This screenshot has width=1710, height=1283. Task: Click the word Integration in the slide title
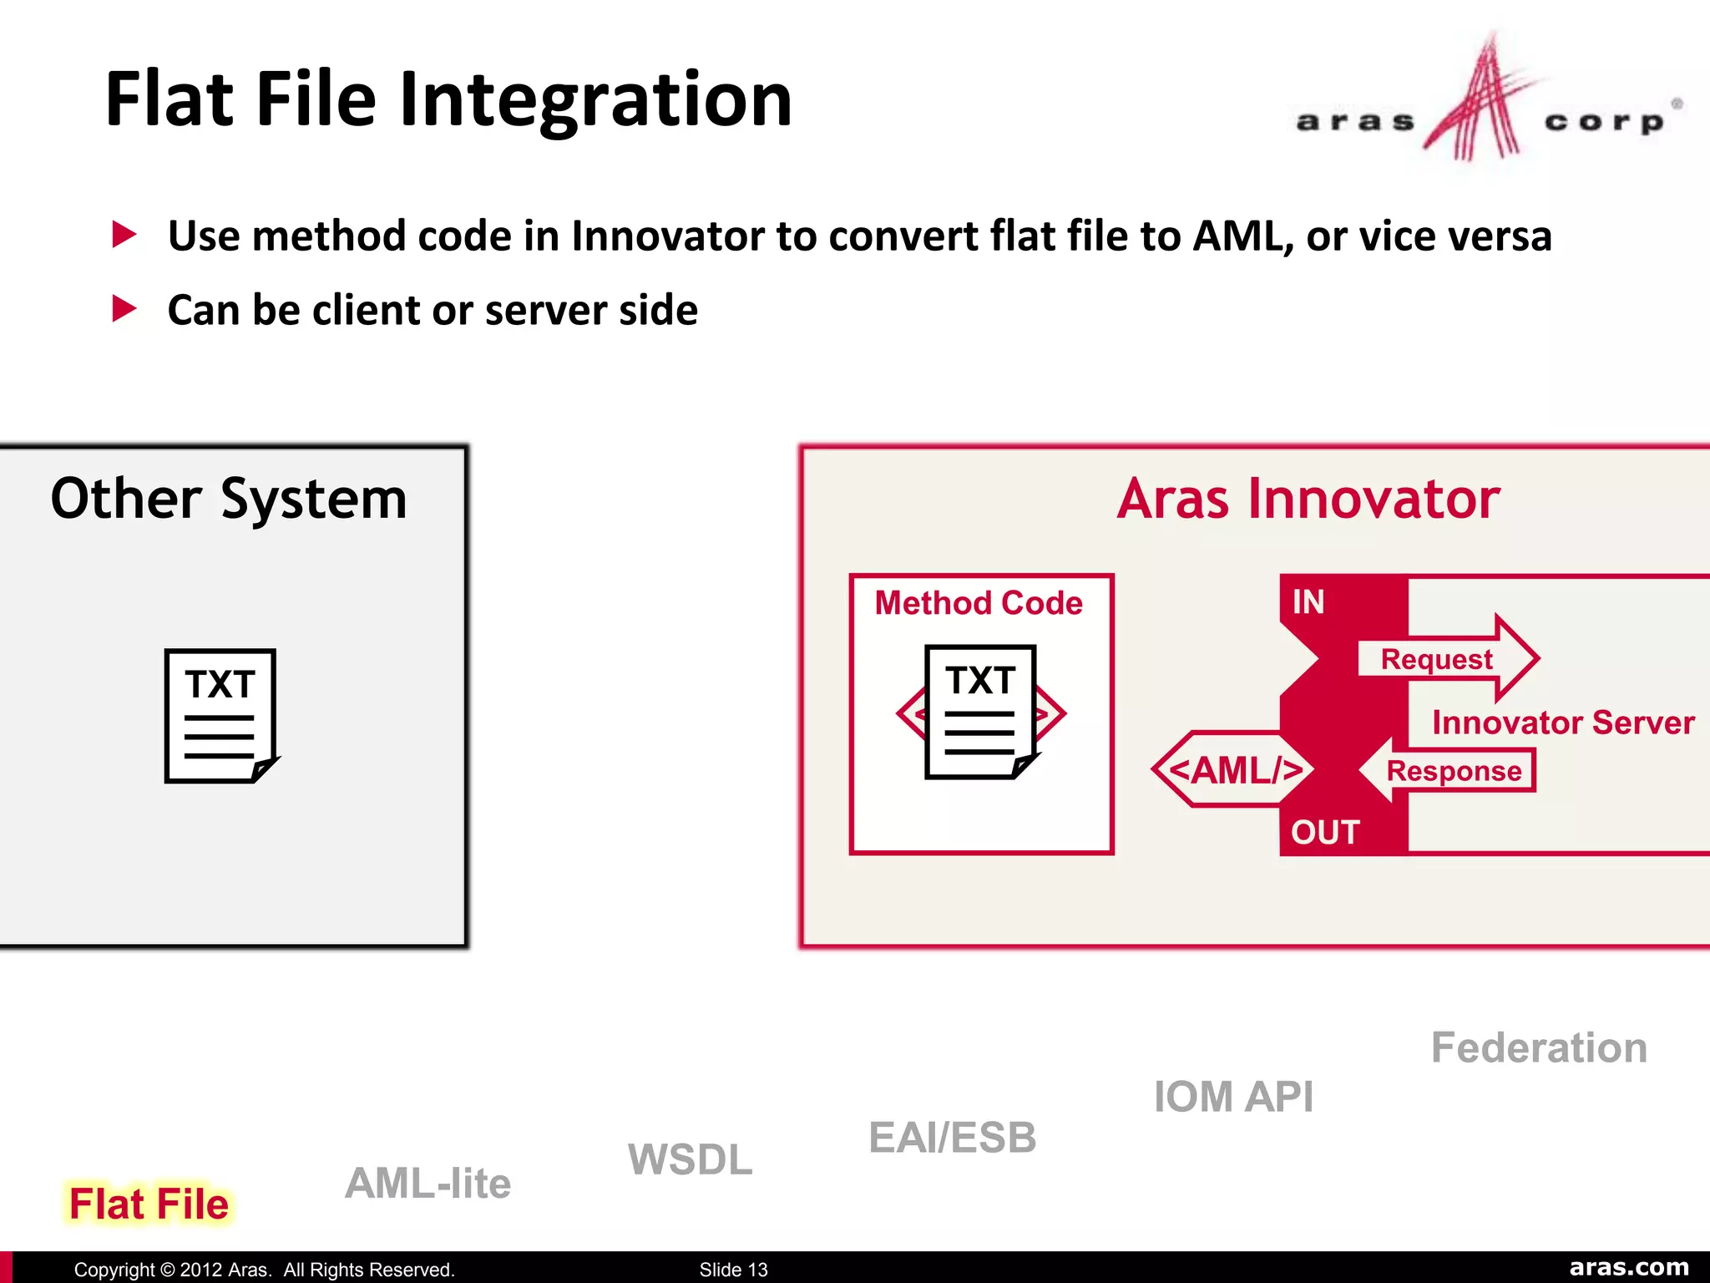point(595,100)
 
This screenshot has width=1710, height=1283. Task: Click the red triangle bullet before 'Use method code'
point(124,235)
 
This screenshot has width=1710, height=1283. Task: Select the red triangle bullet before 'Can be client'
point(124,309)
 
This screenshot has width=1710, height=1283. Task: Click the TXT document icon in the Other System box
point(220,716)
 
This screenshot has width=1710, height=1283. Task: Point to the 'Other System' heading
point(228,499)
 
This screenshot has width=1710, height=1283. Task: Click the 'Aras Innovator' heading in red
point(1308,499)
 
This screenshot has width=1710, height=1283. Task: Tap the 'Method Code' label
point(979,603)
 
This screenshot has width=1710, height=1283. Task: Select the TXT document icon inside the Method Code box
point(981,712)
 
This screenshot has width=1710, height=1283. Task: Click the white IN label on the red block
point(1308,602)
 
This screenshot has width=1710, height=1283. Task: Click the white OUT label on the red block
point(1325,832)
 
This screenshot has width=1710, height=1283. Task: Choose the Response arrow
point(1449,770)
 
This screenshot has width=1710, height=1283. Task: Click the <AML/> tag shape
point(1234,769)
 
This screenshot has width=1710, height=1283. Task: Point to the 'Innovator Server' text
point(1563,722)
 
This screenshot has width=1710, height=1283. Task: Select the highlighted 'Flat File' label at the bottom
point(149,1204)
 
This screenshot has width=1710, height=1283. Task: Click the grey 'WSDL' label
point(690,1159)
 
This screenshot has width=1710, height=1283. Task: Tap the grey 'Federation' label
point(1539,1047)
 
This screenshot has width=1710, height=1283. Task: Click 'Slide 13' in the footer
point(733,1270)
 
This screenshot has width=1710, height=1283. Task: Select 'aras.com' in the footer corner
point(1628,1267)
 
